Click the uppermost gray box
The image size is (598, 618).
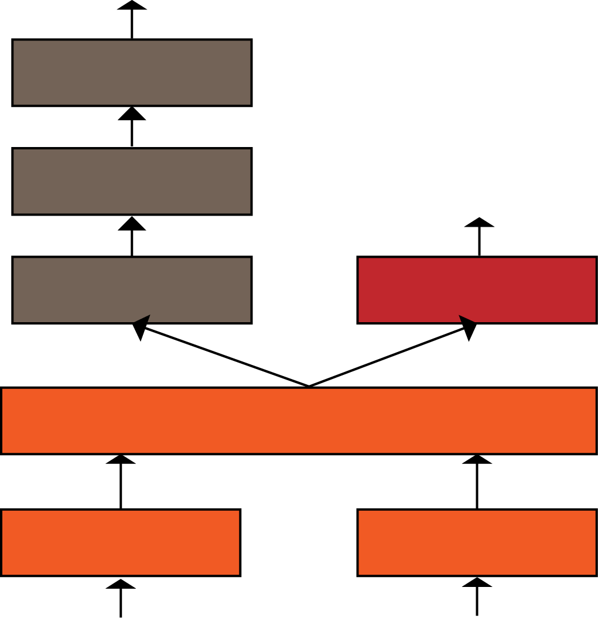point(132,73)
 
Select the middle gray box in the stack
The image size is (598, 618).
point(132,181)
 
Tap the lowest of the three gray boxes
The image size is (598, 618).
point(132,289)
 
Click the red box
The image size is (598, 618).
point(477,289)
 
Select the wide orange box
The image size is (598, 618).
point(299,420)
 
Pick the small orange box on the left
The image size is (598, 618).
point(121,542)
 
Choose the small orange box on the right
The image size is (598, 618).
point(477,542)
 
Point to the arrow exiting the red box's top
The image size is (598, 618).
point(479,238)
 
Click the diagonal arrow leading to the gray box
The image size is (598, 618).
point(223,356)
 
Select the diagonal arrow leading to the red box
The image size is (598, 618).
point(392,355)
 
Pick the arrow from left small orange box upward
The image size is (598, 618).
point(121,483)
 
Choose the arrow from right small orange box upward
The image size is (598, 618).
point(477,483)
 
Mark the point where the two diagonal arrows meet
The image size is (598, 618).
point(309,386)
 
